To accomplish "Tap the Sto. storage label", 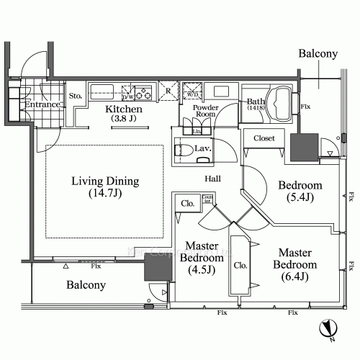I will (75, 94).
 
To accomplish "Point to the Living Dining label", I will (105, 187).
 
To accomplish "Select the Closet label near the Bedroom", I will (264, 138).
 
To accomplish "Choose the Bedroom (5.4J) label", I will (300, 191).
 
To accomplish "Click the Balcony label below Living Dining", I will (86, 285).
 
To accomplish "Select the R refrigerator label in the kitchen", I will (168, 91).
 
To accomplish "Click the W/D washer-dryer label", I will (193, 93).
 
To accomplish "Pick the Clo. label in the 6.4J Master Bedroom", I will (240, 264).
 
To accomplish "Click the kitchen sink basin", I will (102, 91).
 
